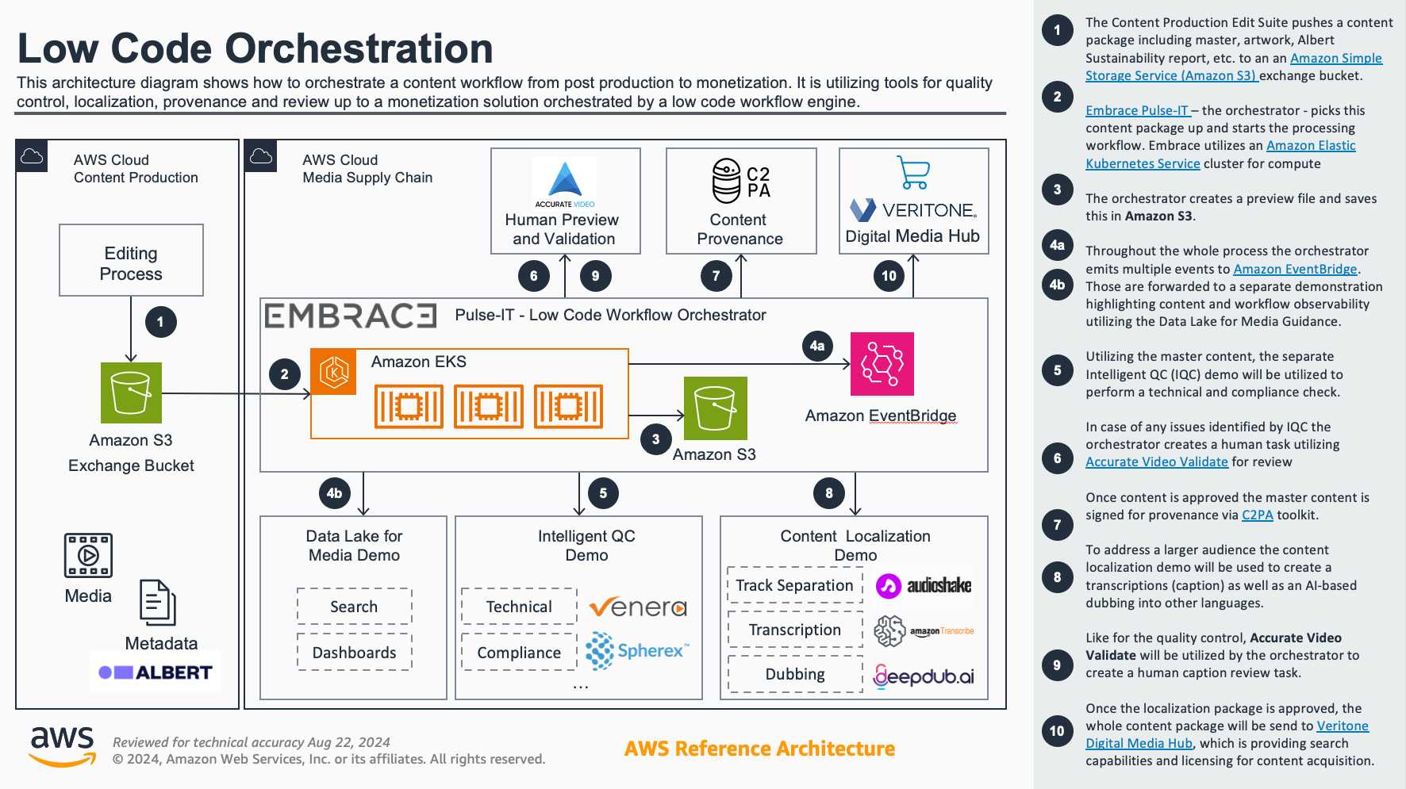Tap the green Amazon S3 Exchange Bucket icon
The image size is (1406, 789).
coord(131,393)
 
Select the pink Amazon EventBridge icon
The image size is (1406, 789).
coord(882,364)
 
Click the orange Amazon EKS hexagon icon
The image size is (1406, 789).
coord(333,372)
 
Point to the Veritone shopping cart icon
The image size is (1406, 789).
coord(913,172)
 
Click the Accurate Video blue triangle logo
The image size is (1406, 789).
coord(564,180)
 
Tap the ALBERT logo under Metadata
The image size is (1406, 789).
coord(156,672)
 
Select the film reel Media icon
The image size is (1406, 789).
coord(88,555)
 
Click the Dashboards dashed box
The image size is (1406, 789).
coord(354,653)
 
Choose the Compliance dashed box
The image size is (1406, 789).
coord(519,653)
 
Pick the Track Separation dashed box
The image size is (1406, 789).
coord(794,585)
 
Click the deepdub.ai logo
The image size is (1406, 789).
coord(924,676)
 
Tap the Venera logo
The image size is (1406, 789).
coord(637,607)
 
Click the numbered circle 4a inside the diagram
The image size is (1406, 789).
coord(817,346)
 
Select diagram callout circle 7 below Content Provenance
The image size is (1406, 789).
coord(716,276)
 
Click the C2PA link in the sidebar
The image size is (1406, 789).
coord(1257,515)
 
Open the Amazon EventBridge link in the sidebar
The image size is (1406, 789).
coord(1295,270)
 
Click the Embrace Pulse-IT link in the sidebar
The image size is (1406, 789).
coord(1136,111)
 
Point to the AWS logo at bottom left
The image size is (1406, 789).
coord(63,745)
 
